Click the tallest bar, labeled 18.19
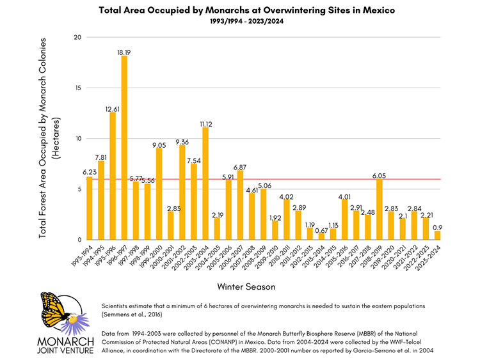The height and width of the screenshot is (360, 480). coord(124,148)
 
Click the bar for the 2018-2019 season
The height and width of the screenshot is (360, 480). coord(379,209)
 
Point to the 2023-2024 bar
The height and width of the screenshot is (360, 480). coord(437,235)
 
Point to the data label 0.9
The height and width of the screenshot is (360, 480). coord(438,226)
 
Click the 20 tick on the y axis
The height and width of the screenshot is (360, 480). coord(77,37)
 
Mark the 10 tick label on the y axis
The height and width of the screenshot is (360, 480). coord(77,139)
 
